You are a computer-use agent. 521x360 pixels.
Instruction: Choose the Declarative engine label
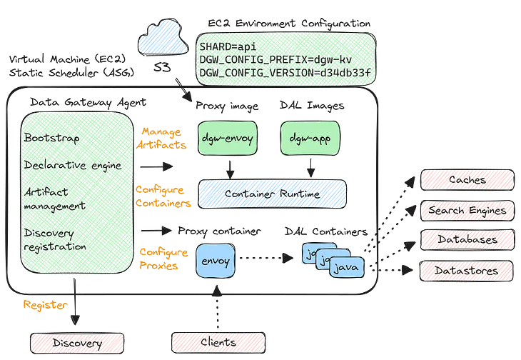[x=73, y=165]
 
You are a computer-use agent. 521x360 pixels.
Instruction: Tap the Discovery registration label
[x=56, y=240]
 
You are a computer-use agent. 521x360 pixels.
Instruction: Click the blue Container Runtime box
[x=272, y=193]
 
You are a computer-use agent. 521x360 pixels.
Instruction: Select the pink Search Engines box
[x=467, y=210]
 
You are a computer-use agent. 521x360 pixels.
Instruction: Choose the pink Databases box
[x=467, y=240]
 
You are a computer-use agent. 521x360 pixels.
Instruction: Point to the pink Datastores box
[x=467, y=270]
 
